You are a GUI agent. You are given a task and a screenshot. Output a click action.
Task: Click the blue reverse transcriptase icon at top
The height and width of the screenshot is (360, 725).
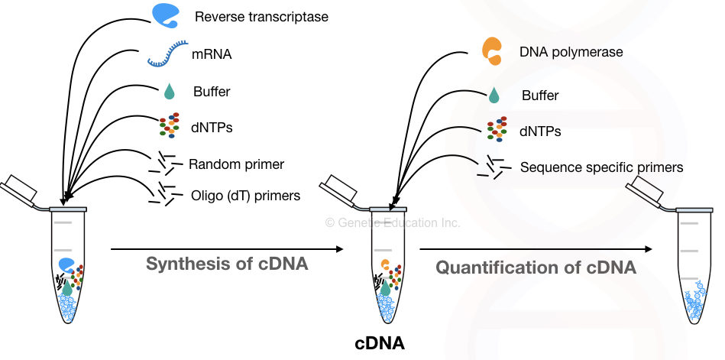167,15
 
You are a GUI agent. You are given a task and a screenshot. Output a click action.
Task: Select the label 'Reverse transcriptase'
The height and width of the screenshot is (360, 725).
261,16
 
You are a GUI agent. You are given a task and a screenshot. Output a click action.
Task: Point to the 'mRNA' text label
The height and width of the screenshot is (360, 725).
212,55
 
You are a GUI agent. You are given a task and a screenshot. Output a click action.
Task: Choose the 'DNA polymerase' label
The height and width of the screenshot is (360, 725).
571,52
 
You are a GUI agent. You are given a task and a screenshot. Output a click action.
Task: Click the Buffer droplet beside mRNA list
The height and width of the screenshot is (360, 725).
169,92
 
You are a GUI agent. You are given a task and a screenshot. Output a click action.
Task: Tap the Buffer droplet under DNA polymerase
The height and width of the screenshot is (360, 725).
494,96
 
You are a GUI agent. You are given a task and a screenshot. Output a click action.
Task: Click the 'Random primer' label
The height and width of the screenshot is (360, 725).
236,164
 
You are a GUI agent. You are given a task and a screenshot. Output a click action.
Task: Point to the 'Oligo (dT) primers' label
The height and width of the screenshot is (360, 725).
245,196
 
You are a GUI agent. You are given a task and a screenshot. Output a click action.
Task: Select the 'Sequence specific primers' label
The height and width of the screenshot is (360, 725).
601,167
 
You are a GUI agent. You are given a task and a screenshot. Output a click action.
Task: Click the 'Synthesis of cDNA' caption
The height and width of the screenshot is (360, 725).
227,265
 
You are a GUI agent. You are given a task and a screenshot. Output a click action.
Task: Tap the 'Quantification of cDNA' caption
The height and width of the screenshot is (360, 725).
536,268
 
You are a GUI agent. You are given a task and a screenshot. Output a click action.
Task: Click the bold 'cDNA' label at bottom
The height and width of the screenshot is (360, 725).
380,344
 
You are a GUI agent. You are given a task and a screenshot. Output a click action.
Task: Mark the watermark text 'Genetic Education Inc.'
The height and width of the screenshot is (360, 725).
393,222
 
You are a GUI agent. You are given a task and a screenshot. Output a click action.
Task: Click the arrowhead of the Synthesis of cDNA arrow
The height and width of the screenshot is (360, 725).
338,249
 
